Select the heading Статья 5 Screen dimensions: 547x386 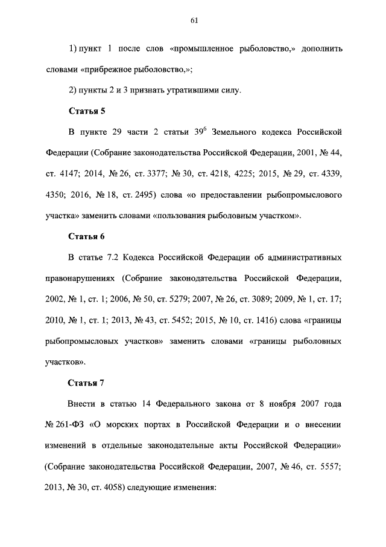87,110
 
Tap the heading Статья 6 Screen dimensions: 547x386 87,236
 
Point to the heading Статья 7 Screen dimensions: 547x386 87,383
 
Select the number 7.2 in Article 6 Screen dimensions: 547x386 110,258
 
